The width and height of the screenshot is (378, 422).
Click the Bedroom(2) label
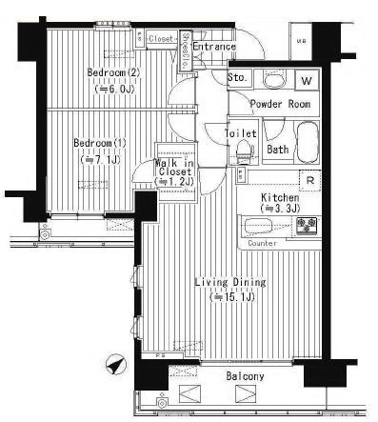click(114, 72)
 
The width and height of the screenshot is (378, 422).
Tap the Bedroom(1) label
click(100, 144)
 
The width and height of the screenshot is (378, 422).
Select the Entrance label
click(214, 46)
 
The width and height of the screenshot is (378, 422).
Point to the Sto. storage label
click(238, 77)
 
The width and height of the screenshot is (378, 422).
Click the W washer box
click(308, 81)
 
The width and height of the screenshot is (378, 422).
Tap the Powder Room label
click(280, 104)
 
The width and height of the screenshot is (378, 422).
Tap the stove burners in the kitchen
click(308, 227)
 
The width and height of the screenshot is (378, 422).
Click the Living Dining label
click(229, 282)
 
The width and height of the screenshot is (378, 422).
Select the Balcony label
click(245, 377)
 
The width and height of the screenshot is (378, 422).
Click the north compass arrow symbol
click(115, 364)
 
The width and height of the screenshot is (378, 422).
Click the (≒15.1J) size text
click(229, 296)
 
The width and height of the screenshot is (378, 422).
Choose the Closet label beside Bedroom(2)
click(161, 39)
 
